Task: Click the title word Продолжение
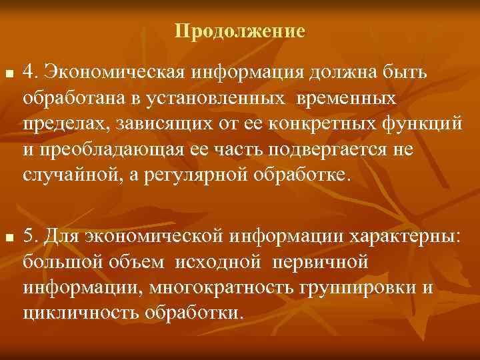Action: tap(240, 31)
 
